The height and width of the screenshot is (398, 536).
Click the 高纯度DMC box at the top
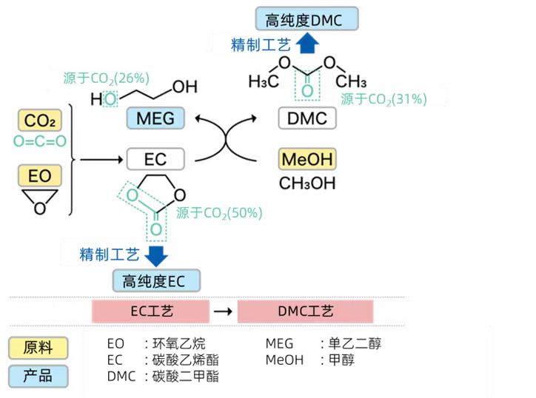point(306,19)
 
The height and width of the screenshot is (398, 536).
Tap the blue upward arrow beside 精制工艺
point(311,44)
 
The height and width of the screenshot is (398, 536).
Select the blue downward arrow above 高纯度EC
point(155,254)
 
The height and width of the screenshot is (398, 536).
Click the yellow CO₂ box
point(40,121)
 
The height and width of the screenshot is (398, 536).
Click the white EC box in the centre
point(155,159)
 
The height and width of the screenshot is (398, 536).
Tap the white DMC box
point(307,118)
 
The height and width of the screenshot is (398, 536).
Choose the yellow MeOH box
point(307,159)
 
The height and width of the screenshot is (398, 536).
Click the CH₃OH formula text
point(306,182)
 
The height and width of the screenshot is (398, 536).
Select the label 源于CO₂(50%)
point(219,213)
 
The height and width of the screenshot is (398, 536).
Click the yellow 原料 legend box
point(38,348)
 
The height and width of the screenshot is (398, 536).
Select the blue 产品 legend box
point(38,376)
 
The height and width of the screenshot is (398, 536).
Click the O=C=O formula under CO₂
point(40,141)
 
